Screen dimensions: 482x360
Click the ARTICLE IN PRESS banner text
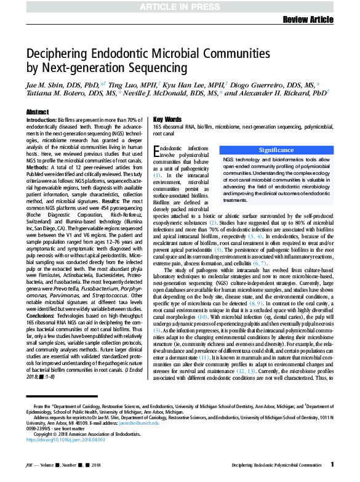(x=180, y=6)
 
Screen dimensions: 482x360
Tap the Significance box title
(x=276, y=150)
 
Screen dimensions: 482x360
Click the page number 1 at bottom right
(x=332, y=465)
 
